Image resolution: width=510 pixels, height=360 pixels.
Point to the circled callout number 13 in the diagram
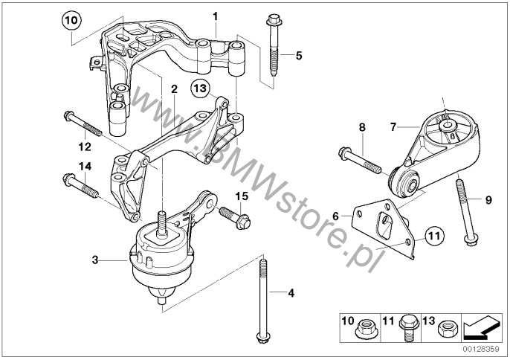click(x=198, y=89)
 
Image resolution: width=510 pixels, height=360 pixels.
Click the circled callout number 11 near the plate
click(x=435, y=237)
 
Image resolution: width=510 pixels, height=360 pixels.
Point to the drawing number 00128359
click(x=484, y=347)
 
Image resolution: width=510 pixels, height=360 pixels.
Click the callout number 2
click(x=174, y=89)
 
